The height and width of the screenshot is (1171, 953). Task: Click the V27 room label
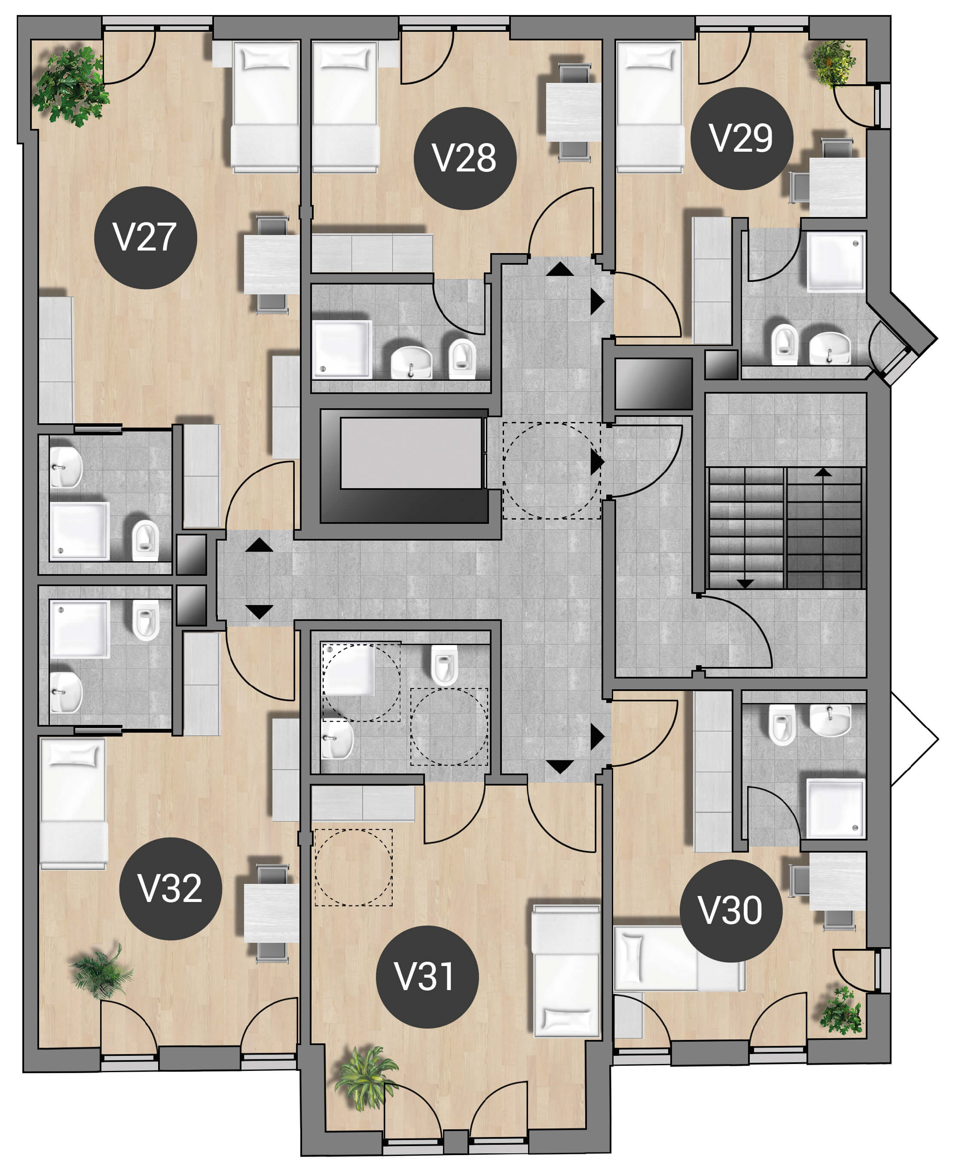(x=146, y=238)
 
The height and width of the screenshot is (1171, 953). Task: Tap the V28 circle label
(x=465, y=158)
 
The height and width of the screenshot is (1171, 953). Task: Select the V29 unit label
(x=742, y=138)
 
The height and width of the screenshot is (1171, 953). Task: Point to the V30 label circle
(x=731, y=911)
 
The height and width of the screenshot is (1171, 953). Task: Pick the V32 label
(x=170, y=888)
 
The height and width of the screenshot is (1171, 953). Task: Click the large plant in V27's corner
(x=71, y=86)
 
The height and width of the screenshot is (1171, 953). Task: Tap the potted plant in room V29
(x=833, y=63)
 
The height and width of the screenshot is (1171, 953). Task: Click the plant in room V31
(x=366, y=1078)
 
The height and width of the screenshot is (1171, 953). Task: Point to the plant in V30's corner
(x=841, y=1011)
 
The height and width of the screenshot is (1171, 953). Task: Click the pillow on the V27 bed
(x=266, y=58)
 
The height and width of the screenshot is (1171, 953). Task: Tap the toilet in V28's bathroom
(x=462, y=358)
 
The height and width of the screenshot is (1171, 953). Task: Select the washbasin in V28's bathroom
(x=411, y=362)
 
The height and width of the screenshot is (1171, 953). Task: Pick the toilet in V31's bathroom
(x=444, y=665)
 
